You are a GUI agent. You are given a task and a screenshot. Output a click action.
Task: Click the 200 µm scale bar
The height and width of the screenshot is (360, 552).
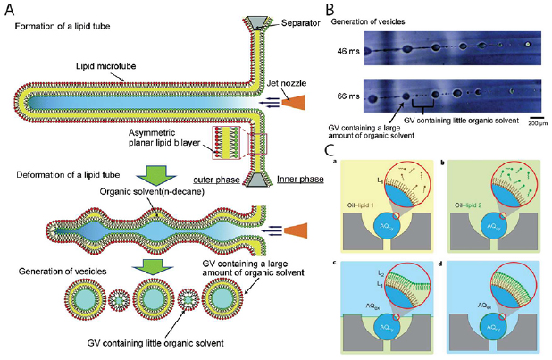tap(533, 116)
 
